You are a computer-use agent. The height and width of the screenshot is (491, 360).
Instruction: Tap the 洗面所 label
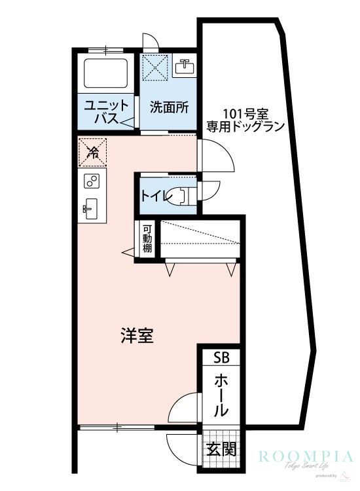pyautogui.click(x=169, y=107)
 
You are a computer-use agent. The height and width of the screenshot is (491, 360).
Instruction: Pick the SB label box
pyautogui.click(x=221, y=357)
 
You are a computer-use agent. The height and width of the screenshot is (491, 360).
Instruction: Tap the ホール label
pyautogui.click(x=221, y=396)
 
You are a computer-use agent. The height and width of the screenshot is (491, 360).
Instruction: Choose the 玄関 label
pyautogui.click(x=221, y=450)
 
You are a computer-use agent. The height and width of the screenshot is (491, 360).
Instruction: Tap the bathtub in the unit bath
pyautogui.click(x=105, y=73)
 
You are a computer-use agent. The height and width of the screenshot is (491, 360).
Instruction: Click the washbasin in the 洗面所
pyautogui.click(x=185, y=66)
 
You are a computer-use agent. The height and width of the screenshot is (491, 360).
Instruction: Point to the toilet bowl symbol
pyautogui.click(x=178, y=195)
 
